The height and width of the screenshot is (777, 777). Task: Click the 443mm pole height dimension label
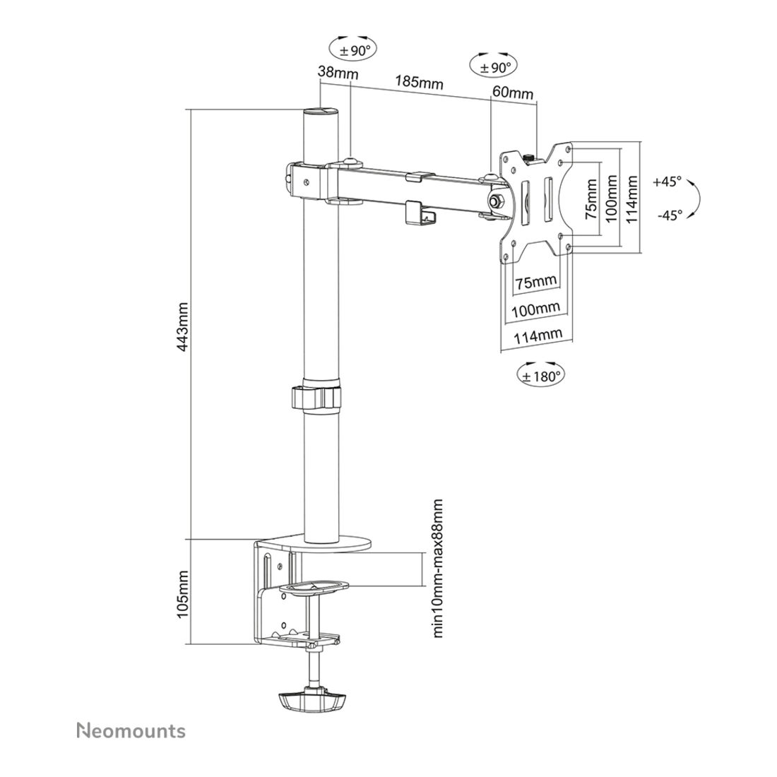pyautogui.click(x=183, y=326)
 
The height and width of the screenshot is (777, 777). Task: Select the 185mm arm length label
pyautogui.click(x=419, y=82)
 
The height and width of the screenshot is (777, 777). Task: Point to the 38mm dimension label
pyautogui.click(x=338, y=73)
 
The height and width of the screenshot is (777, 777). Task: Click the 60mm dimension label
pyautogui.click(x=513, y=93)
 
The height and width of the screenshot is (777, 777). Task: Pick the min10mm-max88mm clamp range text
pyautogui.click(x=437, y=568)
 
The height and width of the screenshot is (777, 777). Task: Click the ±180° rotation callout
pyautogui.click(x=540, y=376)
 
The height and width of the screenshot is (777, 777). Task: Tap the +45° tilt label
pyautogui.click(x=668, y=182)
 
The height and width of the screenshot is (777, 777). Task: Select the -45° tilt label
pyautogui.click(x=670, y=215)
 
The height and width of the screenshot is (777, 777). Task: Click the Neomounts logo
pyautogui.click(x=131, y=731)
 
